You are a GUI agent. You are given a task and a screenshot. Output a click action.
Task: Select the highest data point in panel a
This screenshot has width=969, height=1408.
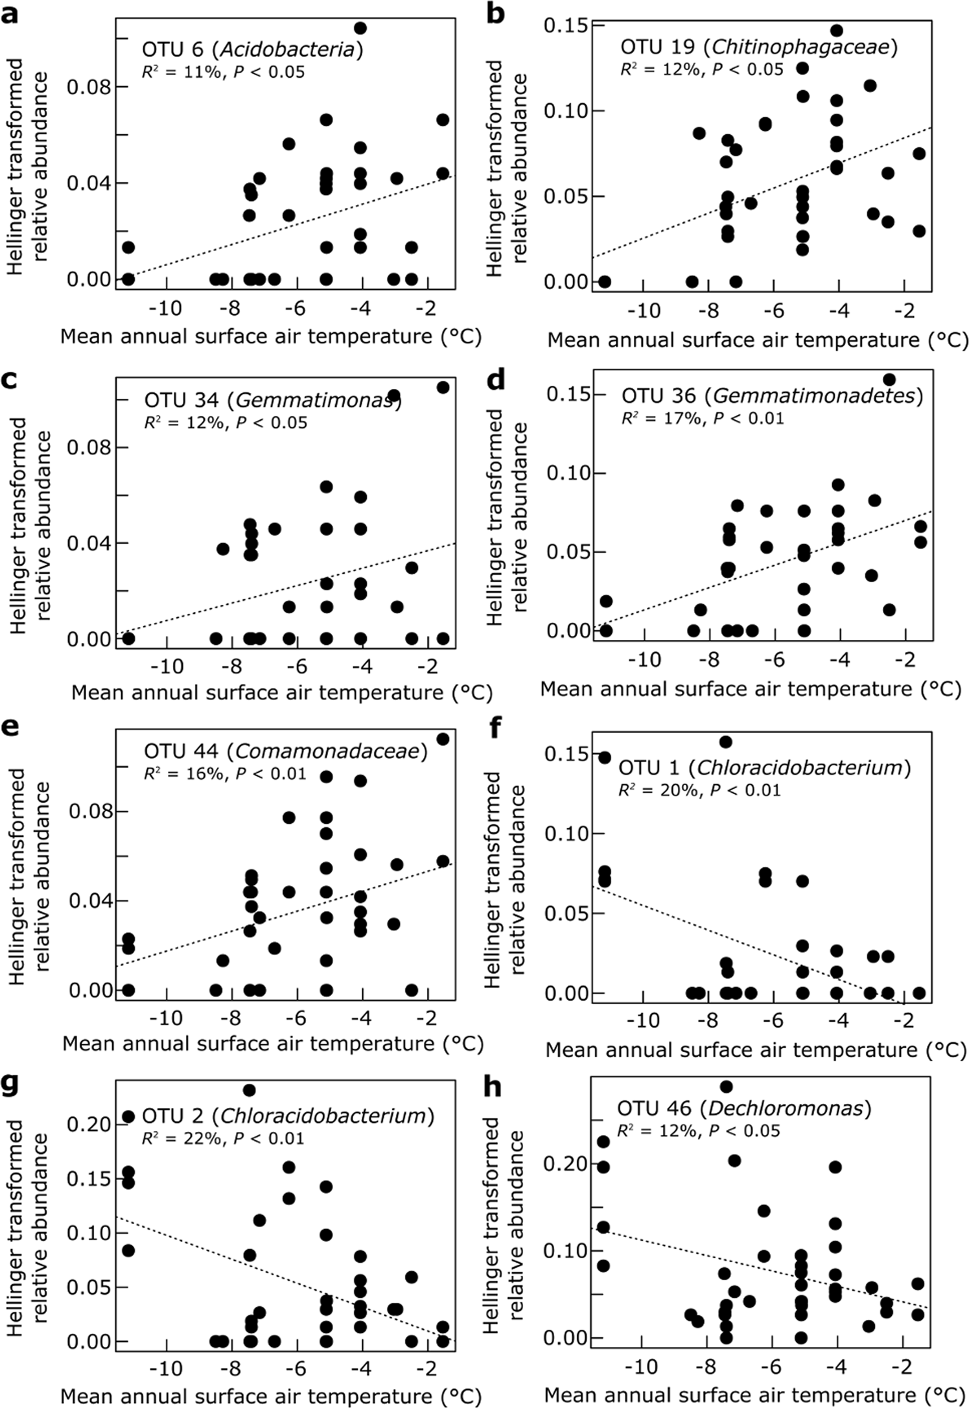360,28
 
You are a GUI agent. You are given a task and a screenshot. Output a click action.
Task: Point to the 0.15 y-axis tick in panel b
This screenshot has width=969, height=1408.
565,25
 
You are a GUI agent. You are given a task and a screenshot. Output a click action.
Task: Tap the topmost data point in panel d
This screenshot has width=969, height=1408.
889,379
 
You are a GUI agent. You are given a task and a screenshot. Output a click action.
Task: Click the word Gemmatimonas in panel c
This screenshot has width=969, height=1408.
316,401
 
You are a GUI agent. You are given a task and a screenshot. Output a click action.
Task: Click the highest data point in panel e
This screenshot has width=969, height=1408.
443,739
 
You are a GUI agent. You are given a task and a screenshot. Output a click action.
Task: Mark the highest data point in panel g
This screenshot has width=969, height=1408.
250,1090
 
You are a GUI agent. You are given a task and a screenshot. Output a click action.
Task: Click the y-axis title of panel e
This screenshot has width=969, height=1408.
26,876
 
